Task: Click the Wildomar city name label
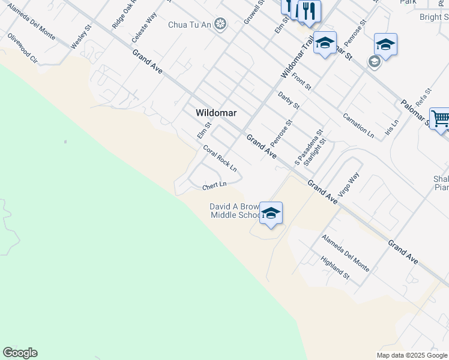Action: click(x=216, y=113)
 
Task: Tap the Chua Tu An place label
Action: click(x=190, y=24)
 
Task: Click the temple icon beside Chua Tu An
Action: click(x=221, y=24)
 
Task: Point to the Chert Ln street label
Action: click(x=214, y=186)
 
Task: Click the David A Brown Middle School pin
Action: click(x=271, y=214)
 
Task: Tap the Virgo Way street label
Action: click(x=348, y=185)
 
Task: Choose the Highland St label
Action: click(x=335, y=268)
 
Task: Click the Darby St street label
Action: click(x=289, y=100)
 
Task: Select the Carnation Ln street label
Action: click(x=359, y=125)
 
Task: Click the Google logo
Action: click(x=20, y=353)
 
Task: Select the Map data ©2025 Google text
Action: click(x=411, y=355)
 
